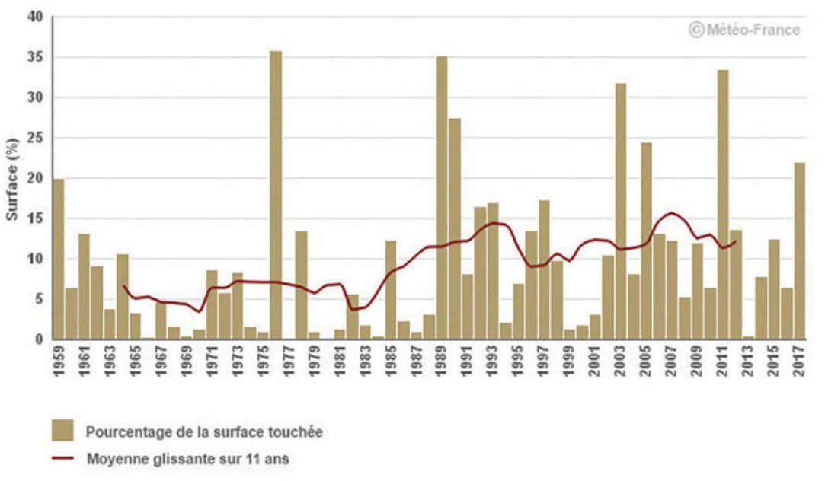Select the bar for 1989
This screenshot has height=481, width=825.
(x=442, y=198)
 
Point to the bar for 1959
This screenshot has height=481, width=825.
(x=59, y=259)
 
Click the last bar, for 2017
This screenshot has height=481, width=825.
(x=800, y=251)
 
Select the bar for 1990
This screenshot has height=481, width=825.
(x=455, y=228)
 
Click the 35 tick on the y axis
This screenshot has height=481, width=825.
(x=36, y=58)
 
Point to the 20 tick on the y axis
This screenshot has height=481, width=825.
(x=36, y=179)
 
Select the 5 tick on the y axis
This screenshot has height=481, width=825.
(x=39, y=299)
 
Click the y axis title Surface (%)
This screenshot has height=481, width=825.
(x=12, y=179)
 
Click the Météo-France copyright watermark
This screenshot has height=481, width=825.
(x=744, y=30)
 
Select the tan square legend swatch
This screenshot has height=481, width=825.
(x=63, y=432)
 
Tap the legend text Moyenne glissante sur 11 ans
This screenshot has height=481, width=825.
(x=187, y=459)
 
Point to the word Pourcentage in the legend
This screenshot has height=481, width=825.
(x=123, y=432)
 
